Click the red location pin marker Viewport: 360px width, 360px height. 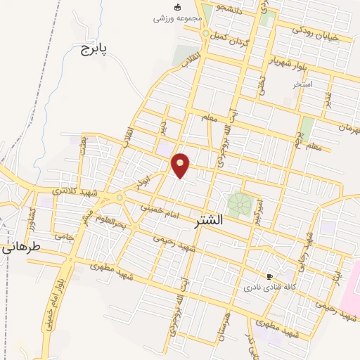181,165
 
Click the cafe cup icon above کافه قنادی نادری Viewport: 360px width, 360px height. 269,277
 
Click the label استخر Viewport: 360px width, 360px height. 302,84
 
